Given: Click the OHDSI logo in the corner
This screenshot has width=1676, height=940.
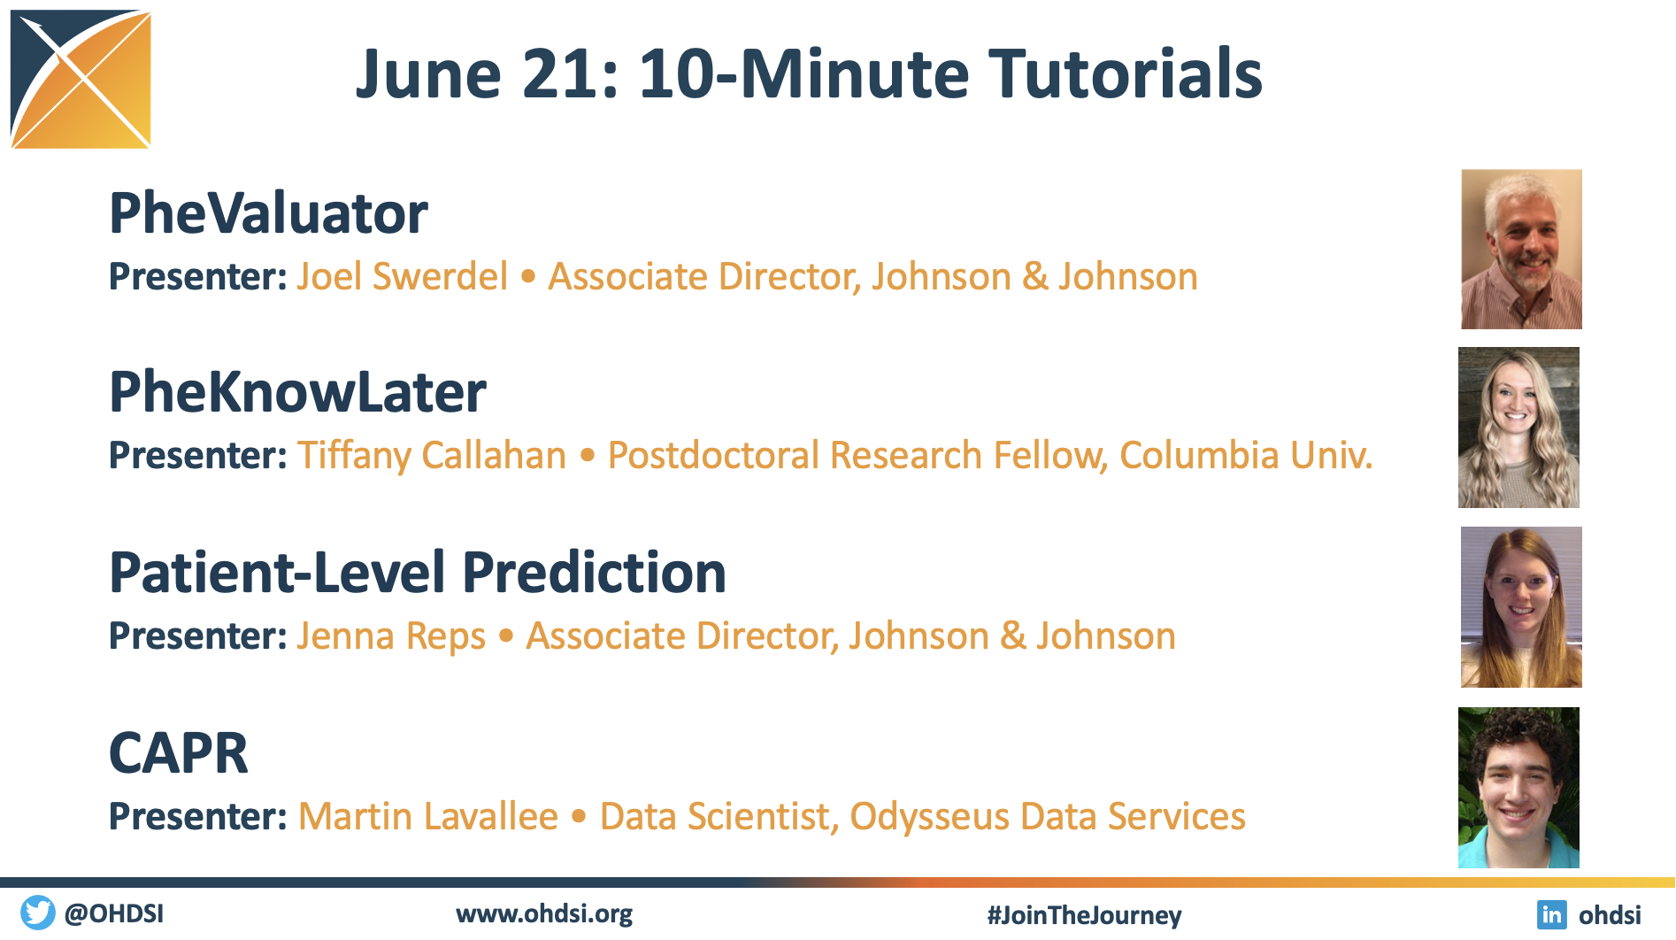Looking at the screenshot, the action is pyautogui.click(x=81, y=79).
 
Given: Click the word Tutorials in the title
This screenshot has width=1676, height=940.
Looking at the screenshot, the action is pyautogui.click(x=1125, y=73).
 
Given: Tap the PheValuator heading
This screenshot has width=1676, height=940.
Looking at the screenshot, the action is pyautogui.click(x=268, y=213).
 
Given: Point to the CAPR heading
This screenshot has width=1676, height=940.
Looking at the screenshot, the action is pyautogui.click(x=179, y=753).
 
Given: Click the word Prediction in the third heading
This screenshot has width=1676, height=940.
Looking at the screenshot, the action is pyautogui.click(x=594, y=572).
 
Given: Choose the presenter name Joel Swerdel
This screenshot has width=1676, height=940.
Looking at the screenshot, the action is pyautogui.click(x=403, y=276).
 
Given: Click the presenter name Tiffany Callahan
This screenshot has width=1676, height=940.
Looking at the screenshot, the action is pyautogui.click(x=432, y=456).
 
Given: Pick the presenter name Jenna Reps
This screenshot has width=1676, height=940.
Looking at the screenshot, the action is pyautogui.click(x=391, y=636).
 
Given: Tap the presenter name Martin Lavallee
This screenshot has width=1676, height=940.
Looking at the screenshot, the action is pyautogui.click(x=428, y=816).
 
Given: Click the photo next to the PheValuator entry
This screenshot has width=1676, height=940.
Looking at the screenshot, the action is pyautogui.click(x=1521, y=250).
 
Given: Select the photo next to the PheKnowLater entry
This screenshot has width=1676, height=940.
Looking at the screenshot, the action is pyautogui.click(x=1518, y=428).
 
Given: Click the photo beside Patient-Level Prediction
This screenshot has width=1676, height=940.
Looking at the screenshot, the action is pyautogui.click(x=1521, y=607).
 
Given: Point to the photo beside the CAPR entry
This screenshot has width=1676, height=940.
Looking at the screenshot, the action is pyautogui.click(x=1518, y=788).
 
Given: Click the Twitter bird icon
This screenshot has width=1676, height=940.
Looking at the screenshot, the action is pyautogui.click(x=37, y=913).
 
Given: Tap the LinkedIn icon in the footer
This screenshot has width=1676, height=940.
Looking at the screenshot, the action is pyautogui.click(x=1551, y=914).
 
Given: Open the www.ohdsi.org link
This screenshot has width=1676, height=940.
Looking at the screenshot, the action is pyautogui.click(x=544, y=914).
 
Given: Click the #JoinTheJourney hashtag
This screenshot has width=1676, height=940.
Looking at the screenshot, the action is pyautogui.click(x=1084, y=915).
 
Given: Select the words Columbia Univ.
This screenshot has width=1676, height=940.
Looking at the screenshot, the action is pyautogui.click(x=1246, y=455).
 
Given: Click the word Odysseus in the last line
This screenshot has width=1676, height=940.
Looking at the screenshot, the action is pyautogui.click(x=929, y=817).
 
